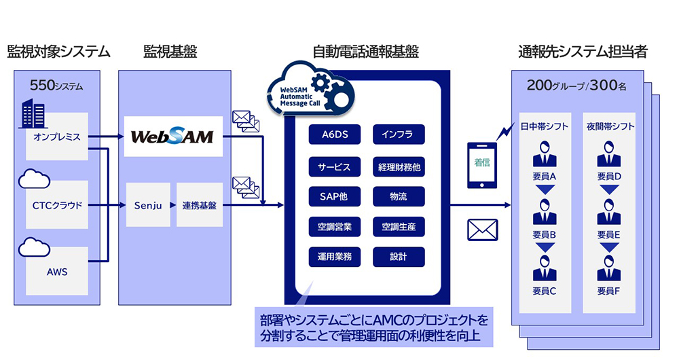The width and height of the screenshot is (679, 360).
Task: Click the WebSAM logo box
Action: click(x=172, y=137)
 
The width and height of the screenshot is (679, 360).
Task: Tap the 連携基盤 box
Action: click(x=199, y=204)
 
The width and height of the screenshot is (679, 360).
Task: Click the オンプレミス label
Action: click(x=57, y=137)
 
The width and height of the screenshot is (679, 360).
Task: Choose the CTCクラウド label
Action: click(x=57, y=204)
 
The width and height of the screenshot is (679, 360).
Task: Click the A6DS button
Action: click(x=335, y=134)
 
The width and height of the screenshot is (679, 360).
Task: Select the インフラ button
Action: click(x=399, y=134)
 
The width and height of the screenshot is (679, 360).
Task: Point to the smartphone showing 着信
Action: click(x=481, y=162)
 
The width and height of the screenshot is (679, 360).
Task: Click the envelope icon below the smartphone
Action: click(x=483, y=230)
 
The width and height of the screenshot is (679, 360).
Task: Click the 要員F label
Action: click(x=609, y=291)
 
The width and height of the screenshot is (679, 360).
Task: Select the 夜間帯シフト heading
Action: click(x=609, y=126)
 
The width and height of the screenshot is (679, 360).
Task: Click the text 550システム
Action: click(x=56, y=86)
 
